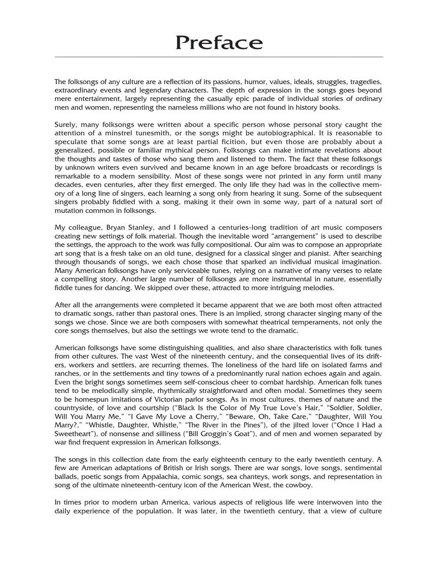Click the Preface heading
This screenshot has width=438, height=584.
pyautogui.click(x=219, y=43)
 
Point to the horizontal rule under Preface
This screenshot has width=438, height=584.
pyautogui.click(x=219, y=57)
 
